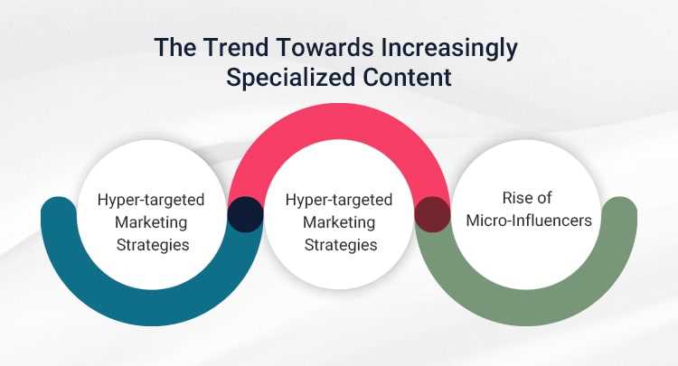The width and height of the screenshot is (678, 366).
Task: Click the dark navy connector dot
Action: point(245,215)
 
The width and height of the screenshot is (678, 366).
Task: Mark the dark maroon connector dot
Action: point(432,215)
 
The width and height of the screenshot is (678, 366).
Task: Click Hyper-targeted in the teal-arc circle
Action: point(151,199)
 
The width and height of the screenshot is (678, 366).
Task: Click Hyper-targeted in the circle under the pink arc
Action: point(338,199)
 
